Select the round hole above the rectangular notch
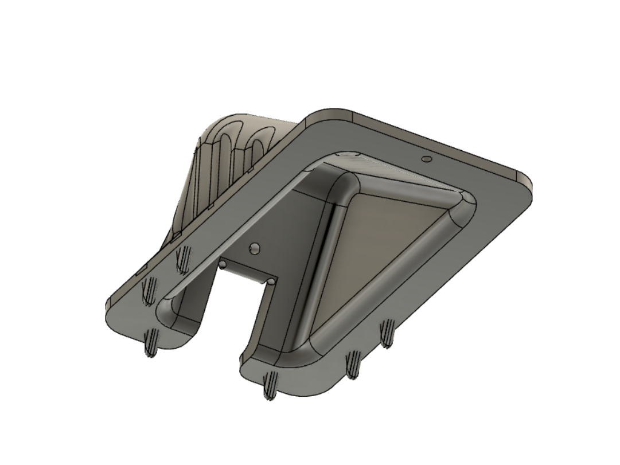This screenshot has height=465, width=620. point(254,248)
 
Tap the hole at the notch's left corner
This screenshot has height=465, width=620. point(221,264)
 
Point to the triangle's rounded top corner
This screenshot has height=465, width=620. point(346,185)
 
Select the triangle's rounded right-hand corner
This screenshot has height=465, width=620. point(462,213)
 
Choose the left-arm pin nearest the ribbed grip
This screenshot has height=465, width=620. point(182,260)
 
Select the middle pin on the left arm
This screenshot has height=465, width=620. point(149,291)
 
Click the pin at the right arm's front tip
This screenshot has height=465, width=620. point(268,385)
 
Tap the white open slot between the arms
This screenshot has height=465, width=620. point(224,321)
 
